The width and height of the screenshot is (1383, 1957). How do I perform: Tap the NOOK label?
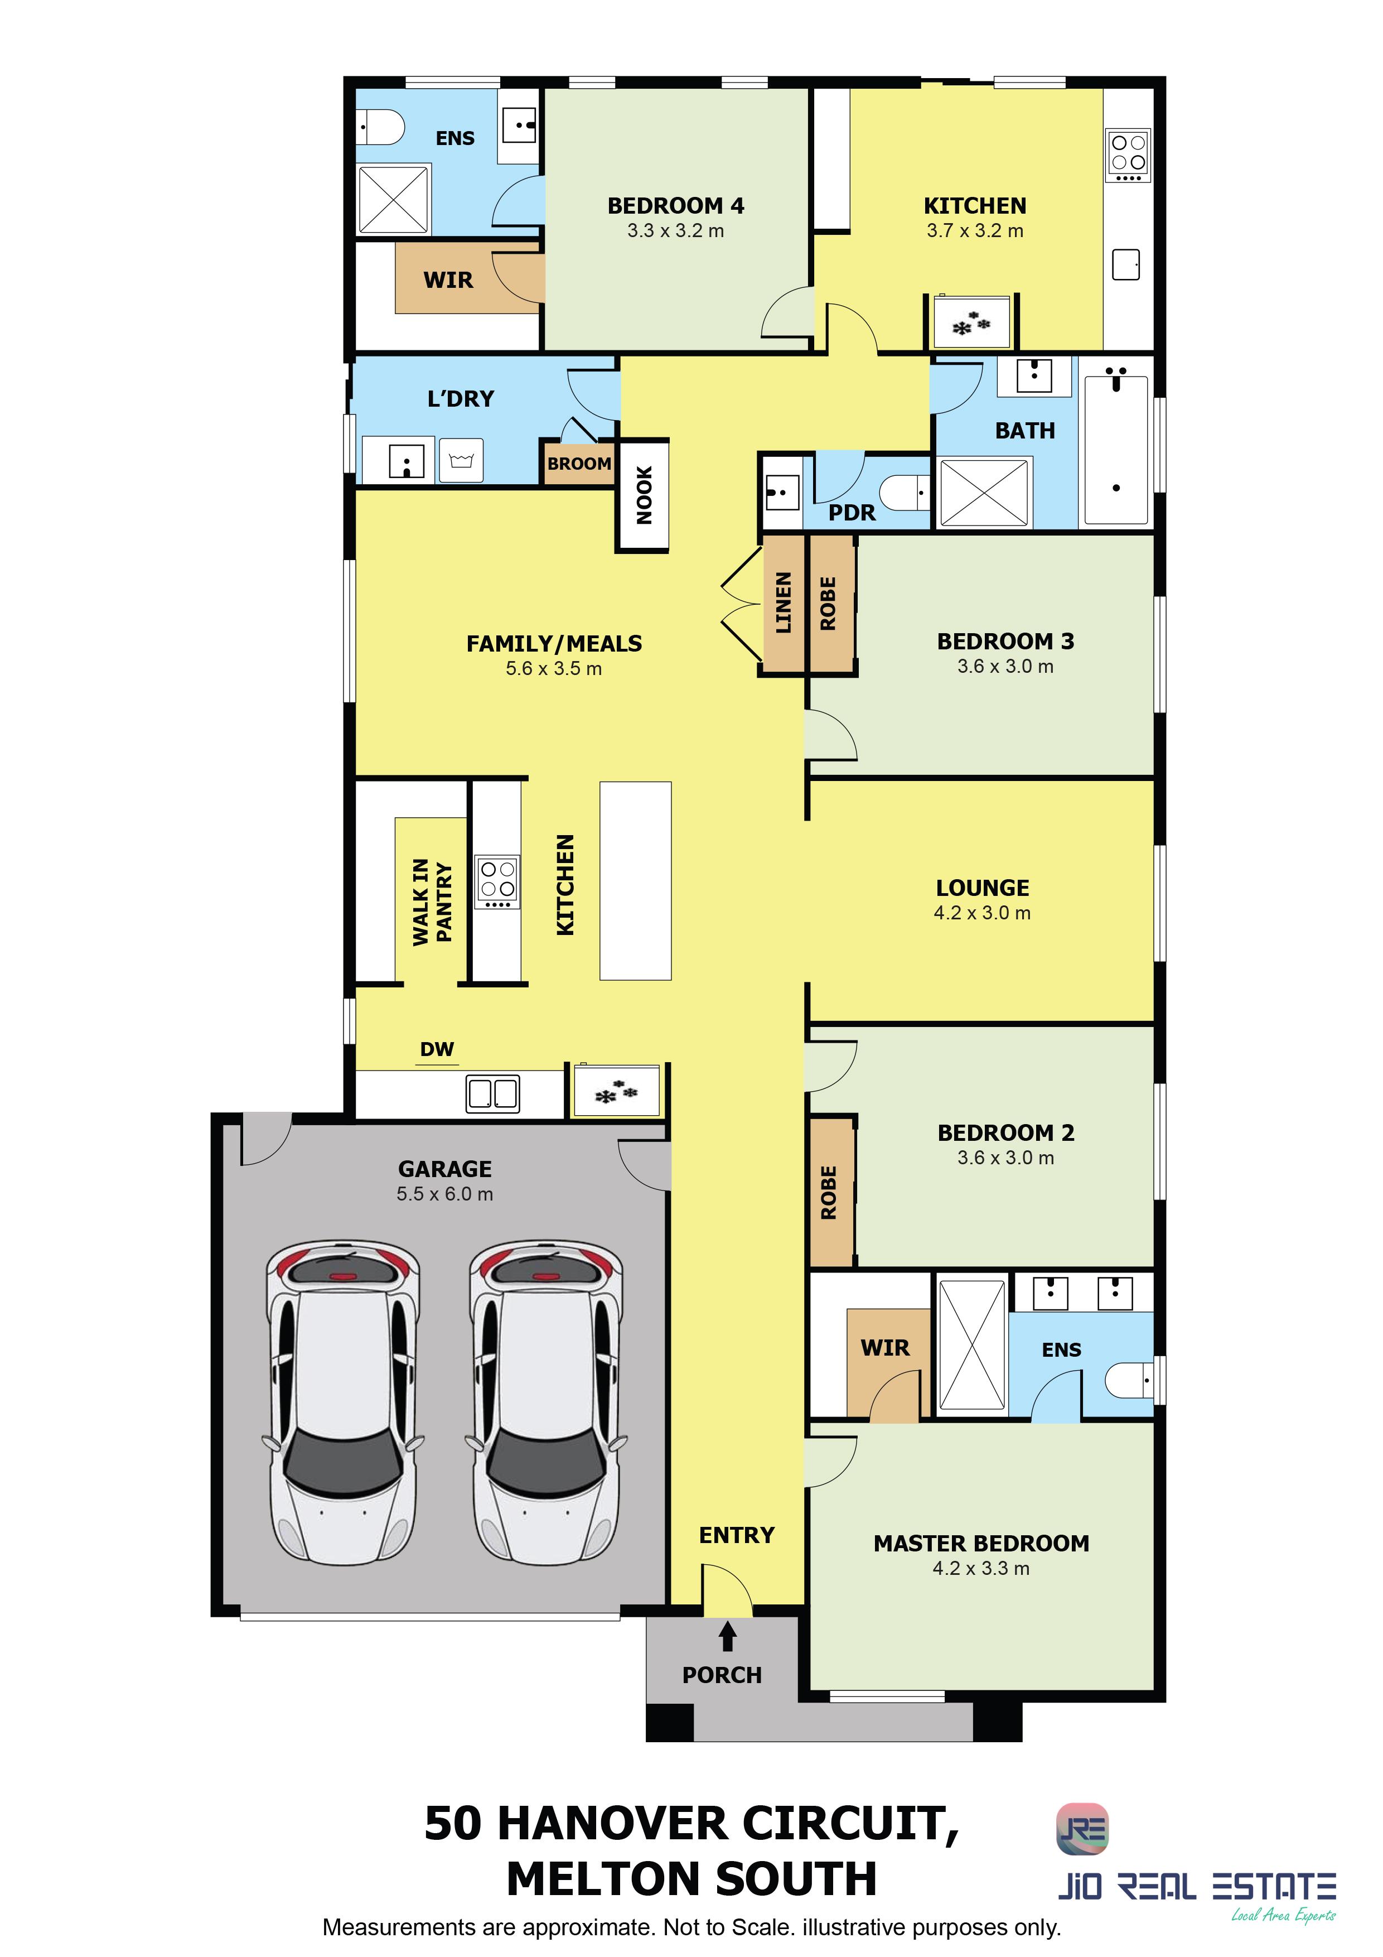coord(644,495)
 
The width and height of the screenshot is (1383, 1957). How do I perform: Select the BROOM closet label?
coord(579,464)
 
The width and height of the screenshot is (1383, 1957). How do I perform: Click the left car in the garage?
coord(344,1404)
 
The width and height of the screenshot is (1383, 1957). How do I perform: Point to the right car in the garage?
coord(546,1404)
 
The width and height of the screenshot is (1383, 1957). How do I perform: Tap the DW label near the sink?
coord(437,1049)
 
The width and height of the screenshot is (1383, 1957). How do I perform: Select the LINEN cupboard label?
coord(783,602)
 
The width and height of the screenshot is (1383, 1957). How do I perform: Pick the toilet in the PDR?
coord(904,492)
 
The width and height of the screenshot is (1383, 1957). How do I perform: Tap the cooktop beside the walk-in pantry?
coord(497,881)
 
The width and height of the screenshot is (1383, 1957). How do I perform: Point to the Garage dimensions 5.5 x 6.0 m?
coord(445,1194)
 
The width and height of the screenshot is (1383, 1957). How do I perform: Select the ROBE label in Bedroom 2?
coord(828,1192)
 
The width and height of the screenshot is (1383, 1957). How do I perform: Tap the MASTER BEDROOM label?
coord(981,1544)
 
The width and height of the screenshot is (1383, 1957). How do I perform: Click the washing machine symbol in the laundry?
coord(461,461)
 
